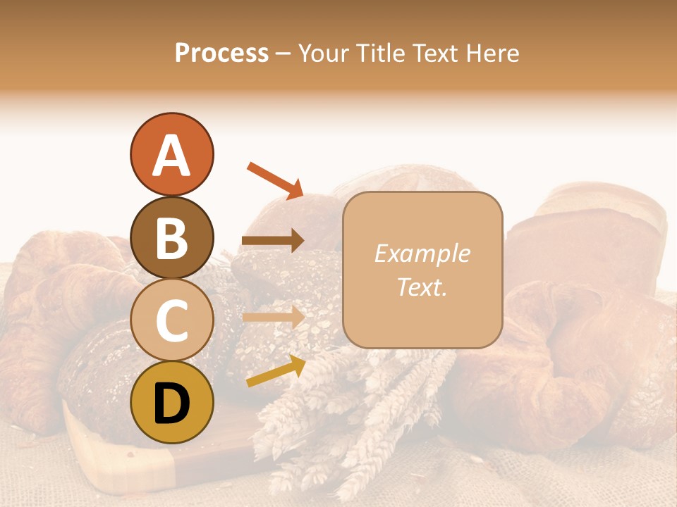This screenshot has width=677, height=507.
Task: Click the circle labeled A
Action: [x=171, y=154]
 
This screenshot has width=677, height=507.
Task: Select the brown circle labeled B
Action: [x=171, y=237]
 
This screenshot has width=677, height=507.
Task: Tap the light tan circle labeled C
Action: [x=171, y=320]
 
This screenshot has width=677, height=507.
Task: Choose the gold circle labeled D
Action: [x=171, y=402]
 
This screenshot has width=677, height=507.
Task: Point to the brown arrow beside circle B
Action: [x=273, y=241]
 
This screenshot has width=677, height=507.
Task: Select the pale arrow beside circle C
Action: [x=273, y=318]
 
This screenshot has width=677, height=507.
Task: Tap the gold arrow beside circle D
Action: [x=276, y=371]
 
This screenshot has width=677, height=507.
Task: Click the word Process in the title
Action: [x=221, y=54]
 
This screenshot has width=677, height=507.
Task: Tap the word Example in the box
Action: [x=422, y=254]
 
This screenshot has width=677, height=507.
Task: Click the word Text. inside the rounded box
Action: [x=422, y=287]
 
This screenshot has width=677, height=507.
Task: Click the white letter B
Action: [x=171, y=237]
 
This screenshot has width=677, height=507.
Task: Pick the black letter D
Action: [x=171, y=403]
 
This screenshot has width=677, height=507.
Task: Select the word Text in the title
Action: [x=434, y=54]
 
